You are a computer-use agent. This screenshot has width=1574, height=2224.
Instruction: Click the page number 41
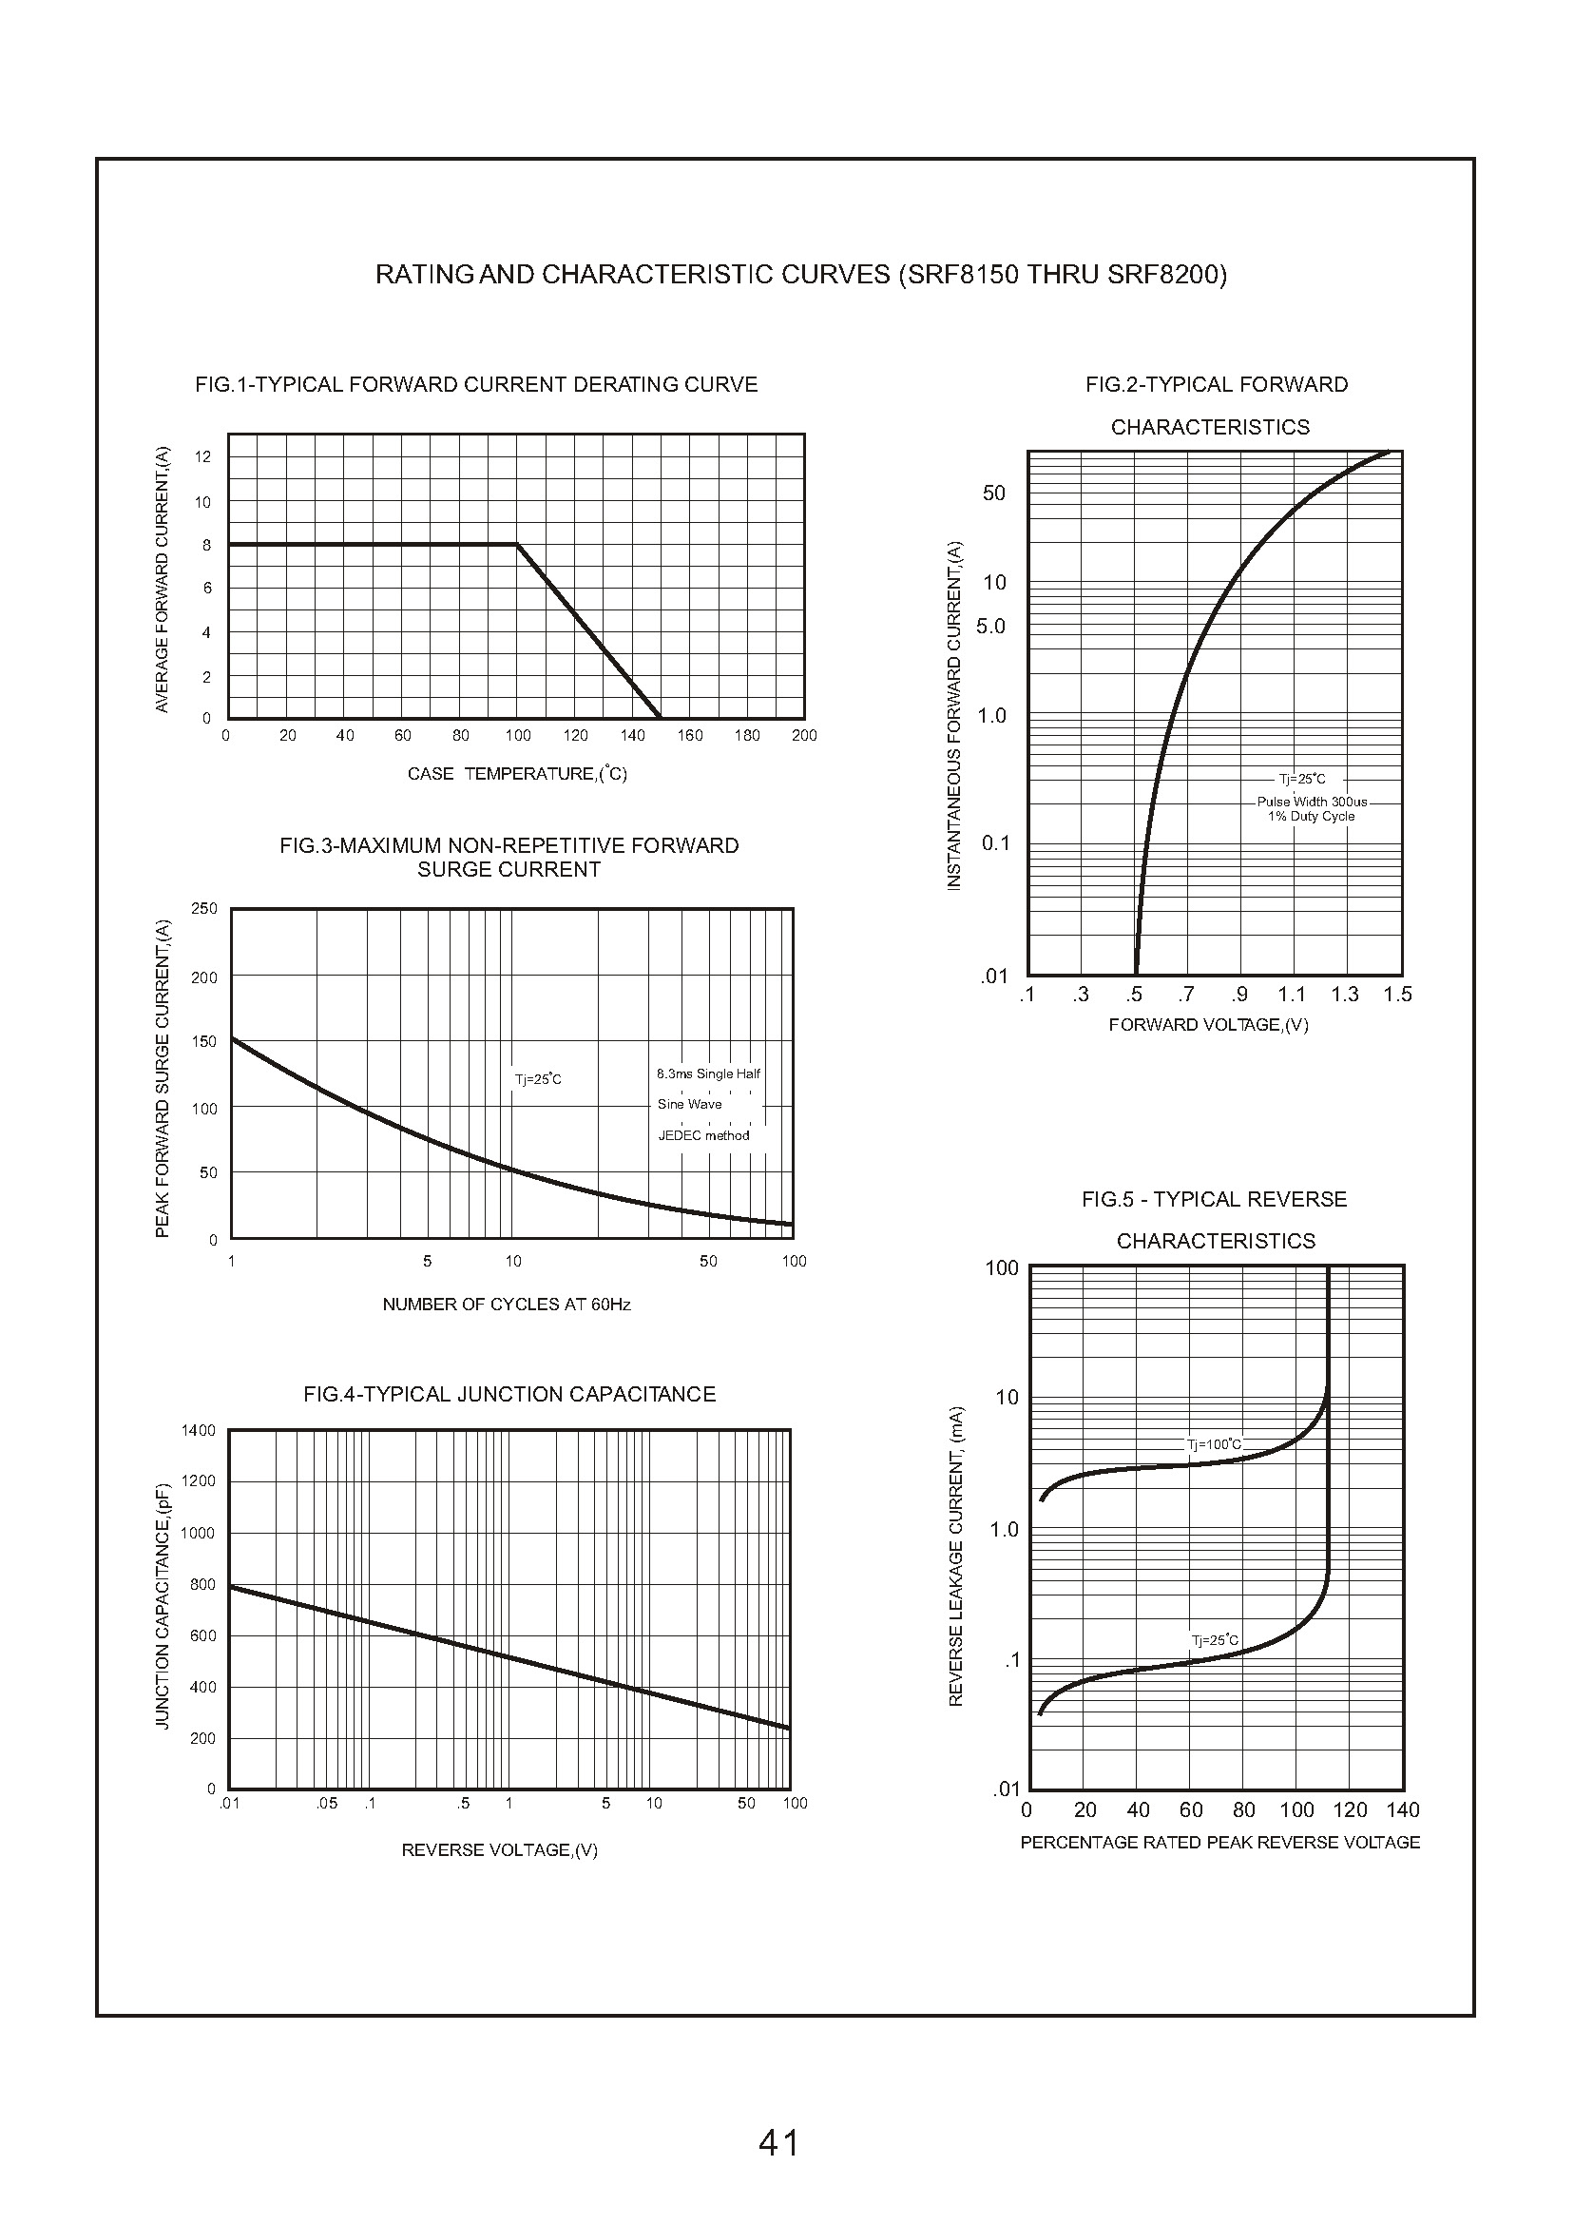point(779,2141)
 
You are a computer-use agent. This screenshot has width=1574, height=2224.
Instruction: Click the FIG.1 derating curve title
point(476,385)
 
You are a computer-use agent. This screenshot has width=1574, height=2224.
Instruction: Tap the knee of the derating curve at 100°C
point(517,545)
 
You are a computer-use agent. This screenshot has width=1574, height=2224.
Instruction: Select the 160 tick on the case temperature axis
point(690,736)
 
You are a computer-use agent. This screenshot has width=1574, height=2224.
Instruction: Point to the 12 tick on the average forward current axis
point(202,456)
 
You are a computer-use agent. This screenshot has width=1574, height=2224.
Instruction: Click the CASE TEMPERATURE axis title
point(518,774)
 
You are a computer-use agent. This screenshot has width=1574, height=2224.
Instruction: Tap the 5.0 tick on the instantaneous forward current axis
point(990,627)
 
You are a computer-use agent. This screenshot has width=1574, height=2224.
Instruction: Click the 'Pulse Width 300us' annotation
point(1313,802)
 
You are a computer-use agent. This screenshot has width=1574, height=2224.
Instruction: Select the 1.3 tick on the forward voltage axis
point(1344,995)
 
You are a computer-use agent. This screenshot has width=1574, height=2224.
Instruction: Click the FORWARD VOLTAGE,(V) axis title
point(1209,1025)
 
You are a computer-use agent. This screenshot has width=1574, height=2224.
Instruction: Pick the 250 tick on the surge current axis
point(204,908)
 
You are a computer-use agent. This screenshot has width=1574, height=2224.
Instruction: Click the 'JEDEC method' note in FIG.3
point(703,1135)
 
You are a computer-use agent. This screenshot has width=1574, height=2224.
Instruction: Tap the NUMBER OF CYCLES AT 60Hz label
point(506,1305)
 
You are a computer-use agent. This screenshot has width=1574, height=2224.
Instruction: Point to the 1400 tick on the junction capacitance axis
point(199,1430)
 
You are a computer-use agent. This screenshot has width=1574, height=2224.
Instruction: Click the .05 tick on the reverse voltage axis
point(327,1803)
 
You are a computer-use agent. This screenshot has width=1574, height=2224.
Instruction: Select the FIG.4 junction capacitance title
point(509,1394)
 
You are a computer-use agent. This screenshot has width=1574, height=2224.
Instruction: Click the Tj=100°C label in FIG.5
point(1214,1444)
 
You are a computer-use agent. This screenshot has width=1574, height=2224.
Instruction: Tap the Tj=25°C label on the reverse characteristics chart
point(1215,1640)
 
